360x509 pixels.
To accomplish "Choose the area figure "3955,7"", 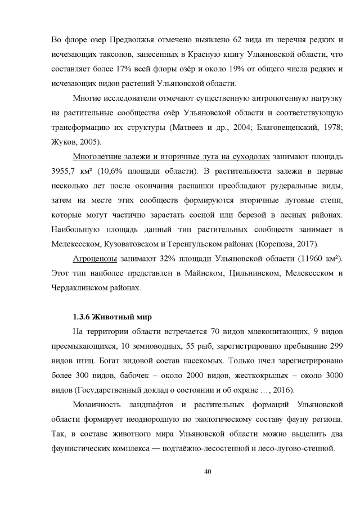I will [65, 170].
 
